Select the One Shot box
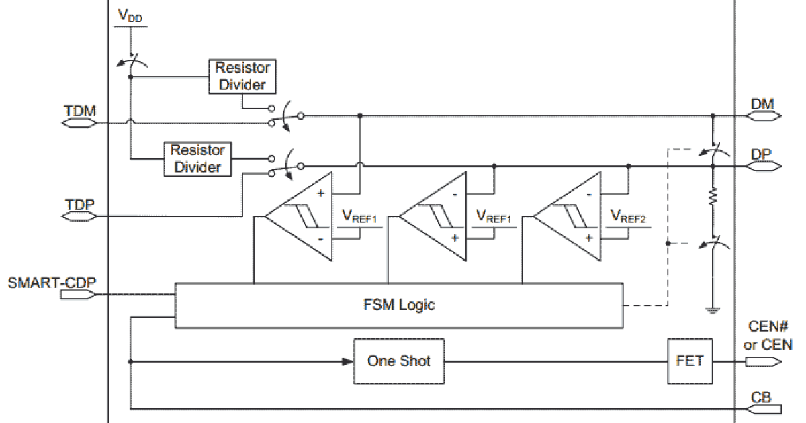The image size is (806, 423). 398,361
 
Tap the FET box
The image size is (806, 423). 690,361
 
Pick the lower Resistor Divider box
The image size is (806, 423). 197,158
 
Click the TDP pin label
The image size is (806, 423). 79,205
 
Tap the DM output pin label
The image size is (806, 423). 762,104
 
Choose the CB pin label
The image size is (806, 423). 762,396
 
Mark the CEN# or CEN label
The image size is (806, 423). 769,336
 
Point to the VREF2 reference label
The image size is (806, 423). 627,216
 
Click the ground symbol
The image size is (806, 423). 712,310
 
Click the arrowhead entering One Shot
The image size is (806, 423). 347,361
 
